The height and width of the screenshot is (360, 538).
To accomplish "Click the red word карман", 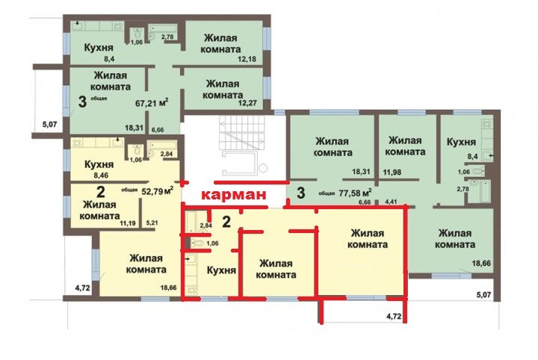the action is (233, 195).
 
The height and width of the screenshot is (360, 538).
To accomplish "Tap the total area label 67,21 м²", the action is (152, 103).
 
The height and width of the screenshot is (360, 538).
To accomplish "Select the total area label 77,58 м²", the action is (355, 193).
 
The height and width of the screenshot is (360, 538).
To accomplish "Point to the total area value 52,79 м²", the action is (158, 190).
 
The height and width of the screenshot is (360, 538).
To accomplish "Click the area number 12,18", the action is (247, 59).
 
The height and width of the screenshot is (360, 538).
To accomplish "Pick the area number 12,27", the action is (247, 102).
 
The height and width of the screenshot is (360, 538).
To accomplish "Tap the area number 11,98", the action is (392, 172).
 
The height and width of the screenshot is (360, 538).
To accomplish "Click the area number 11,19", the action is (128, 223).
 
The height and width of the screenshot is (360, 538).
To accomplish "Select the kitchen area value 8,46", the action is (101, 176).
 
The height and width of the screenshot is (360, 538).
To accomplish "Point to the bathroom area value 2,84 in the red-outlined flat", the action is (206, 226).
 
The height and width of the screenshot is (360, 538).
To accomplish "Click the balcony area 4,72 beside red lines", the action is (394, 316).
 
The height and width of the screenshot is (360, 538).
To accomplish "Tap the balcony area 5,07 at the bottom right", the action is (483, 294).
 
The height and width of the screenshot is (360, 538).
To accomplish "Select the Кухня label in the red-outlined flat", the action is (222, 270).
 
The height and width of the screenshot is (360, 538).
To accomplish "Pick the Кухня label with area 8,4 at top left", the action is (99, 48).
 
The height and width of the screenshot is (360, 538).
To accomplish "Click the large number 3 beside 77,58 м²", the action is (301, 193).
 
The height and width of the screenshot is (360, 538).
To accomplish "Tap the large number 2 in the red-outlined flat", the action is (226, 222).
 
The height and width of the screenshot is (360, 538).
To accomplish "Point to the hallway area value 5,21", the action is (152, 223).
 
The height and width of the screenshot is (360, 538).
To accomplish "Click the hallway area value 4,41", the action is (391, 202).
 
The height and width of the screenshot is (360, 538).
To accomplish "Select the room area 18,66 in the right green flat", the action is (481, 264).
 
